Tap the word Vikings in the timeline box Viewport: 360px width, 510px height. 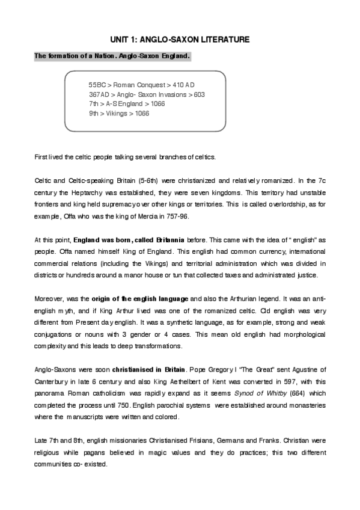(x=117, y=112)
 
